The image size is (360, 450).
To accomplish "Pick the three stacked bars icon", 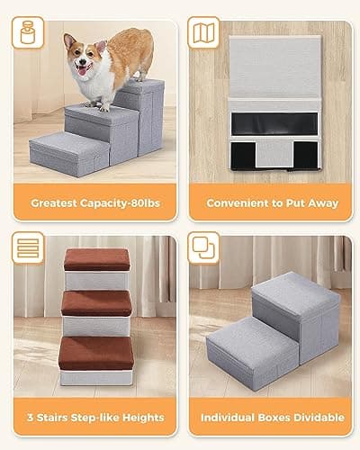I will point(29,248).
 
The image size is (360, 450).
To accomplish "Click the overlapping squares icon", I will point(204,248).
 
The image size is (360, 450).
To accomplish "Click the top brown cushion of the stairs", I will point(97,257).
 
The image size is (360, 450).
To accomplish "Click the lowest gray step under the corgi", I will point(68,151).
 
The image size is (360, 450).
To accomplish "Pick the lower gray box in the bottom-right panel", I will point(247,346).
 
